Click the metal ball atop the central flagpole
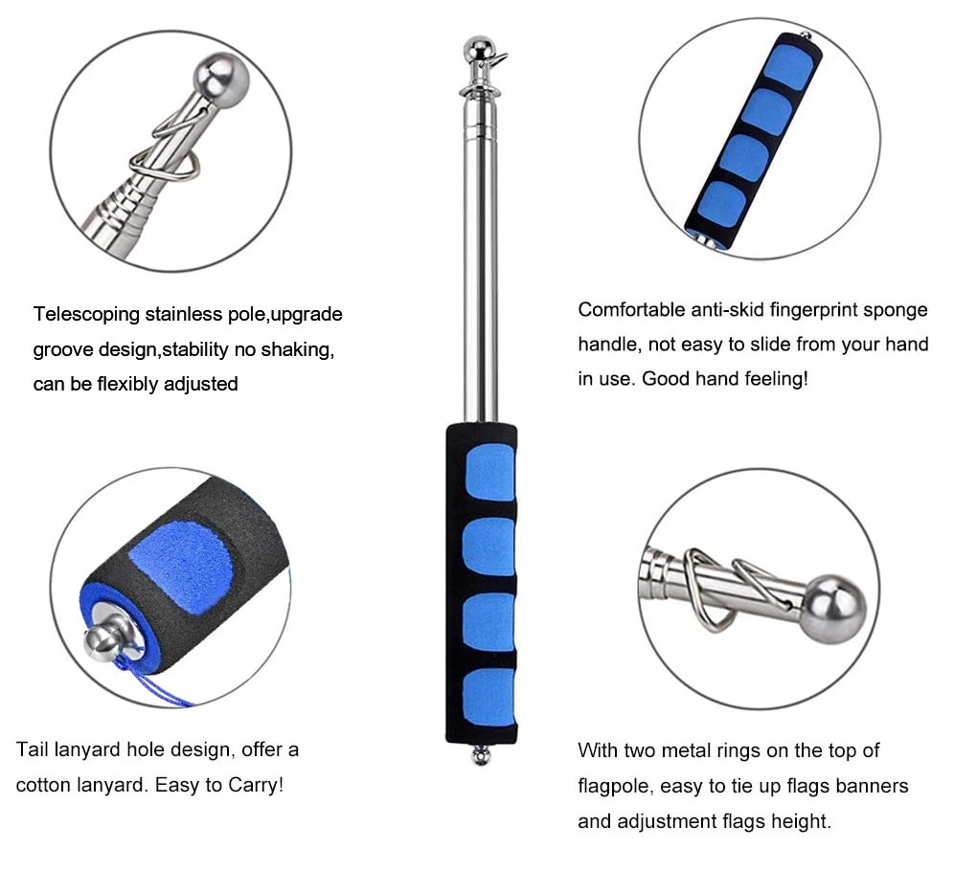(x=477, y=47)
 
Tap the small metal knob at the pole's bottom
(x=481, y=757)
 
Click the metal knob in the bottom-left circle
(x=105, y=636)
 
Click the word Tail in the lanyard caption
(x=33, y=749)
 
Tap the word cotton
(x=44, y=785)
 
